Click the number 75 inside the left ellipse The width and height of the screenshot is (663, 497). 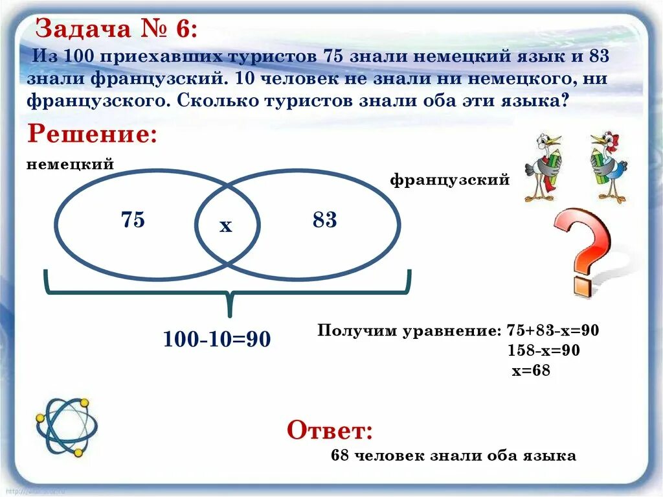pyautogui.click(x=133, y=220)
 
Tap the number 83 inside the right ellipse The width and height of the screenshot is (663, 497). pyautogui.click(x=324, y=220)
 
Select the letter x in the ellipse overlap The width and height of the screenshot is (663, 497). pyautogui.click(x=225, y=225)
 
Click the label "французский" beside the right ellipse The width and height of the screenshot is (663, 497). pyautogui.click(x=449, y=180)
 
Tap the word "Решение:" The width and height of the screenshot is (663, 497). pyautogui.click(x=92, y=135)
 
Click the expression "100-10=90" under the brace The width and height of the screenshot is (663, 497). pyautogui.click(x=216, y=338)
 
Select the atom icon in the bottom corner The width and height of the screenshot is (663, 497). pyautogui.click(x=66, y=427)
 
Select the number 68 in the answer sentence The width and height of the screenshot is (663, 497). pyautogui.click(x=340, y=456)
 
